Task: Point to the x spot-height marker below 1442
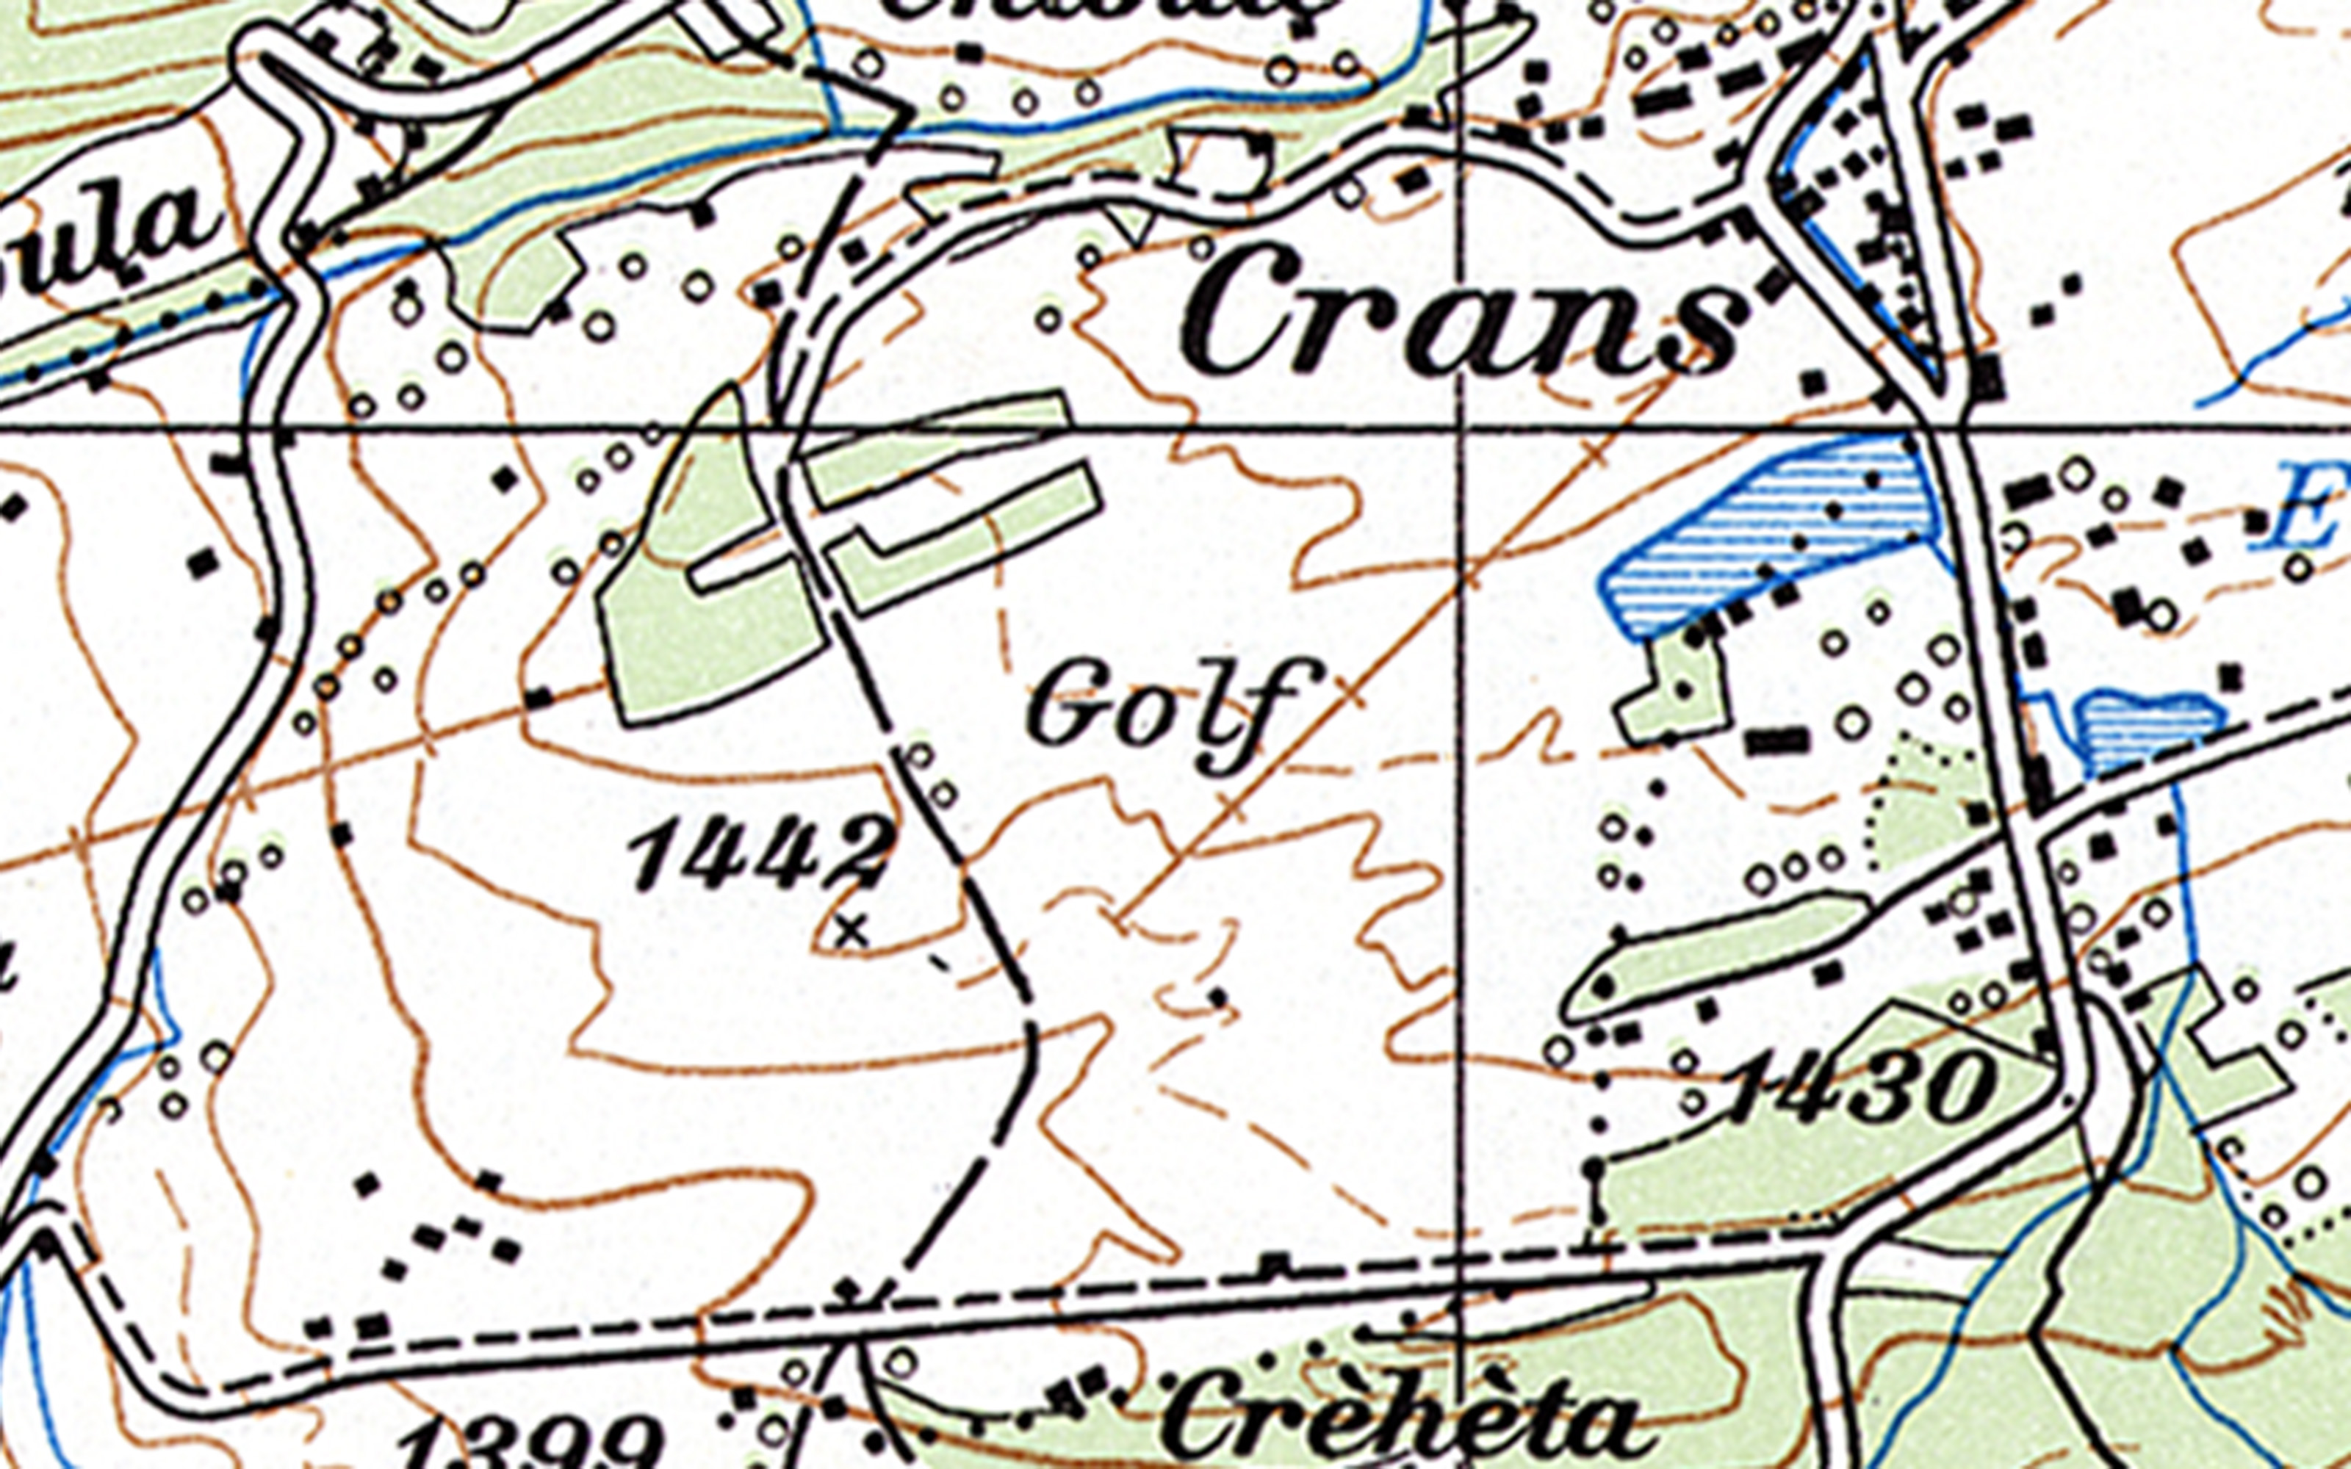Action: (852, 931)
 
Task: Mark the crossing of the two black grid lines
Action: (1463, 427)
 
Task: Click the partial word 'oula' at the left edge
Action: (107, 238)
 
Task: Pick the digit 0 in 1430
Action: (1948, 1088)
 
